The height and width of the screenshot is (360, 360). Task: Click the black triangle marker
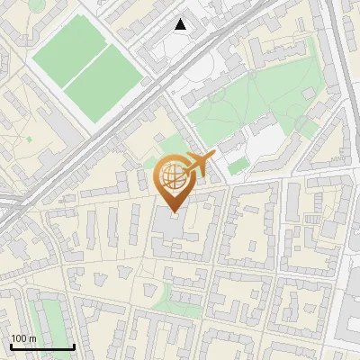click(181, 24)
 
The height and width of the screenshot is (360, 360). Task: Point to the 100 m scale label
click(23, 338)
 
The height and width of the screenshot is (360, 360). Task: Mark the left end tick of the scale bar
click(11, 346)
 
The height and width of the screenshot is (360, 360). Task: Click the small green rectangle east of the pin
click(238, 166)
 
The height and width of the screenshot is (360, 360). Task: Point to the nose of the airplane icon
click(215, 155)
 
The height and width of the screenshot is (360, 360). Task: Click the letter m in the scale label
click(32, 338)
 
